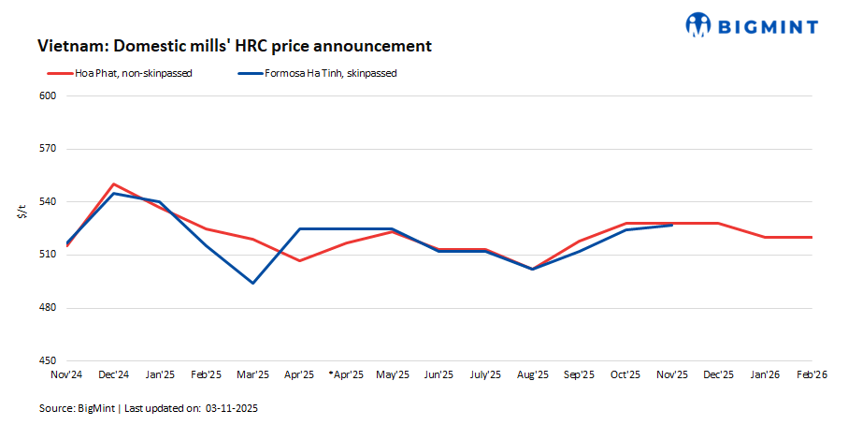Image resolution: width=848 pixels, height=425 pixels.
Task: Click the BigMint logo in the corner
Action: tap(752, 25)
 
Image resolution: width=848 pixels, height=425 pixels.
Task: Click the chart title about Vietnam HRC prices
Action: tap(234, 46)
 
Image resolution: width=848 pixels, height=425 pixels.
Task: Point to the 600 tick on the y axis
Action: tap(49, 96)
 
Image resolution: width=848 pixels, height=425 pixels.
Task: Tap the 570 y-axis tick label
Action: tap(49, 149)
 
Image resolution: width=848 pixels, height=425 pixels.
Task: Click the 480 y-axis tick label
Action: tap(49, 308)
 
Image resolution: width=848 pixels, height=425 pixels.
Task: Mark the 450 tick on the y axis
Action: tap(49, 360)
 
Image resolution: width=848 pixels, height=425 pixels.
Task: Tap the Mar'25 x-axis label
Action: tap(252, 374)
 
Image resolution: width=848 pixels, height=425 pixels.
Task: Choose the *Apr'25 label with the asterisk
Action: tap(345, 374)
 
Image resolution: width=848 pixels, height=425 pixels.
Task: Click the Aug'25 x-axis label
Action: tap(532, 374)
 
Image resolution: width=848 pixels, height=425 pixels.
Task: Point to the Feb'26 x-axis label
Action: tap(812, 374)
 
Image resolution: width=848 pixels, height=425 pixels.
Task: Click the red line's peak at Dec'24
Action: tap(113, 184)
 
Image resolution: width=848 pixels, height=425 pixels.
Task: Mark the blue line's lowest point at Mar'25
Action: tap(252, 283)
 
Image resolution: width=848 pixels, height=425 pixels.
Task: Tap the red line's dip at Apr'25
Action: tap(299, 260)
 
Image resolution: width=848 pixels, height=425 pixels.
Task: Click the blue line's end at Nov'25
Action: tap(672, 225)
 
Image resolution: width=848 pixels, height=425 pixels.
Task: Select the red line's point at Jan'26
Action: tap(765, 237)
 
